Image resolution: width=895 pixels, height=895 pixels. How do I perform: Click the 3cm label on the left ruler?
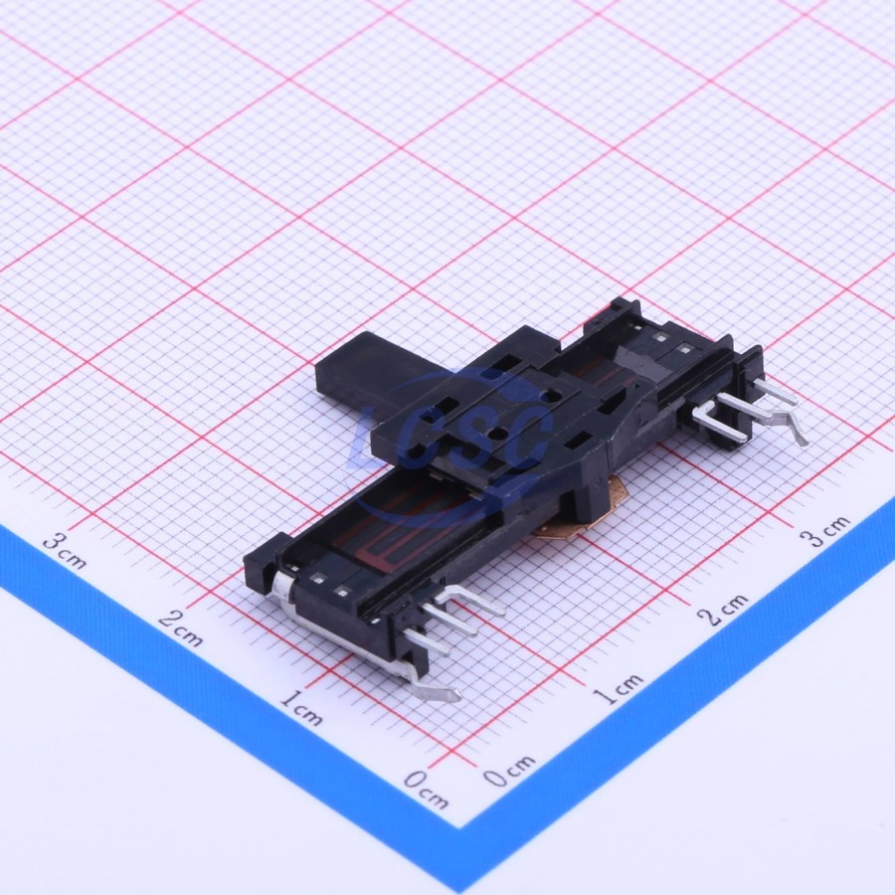point(65,550)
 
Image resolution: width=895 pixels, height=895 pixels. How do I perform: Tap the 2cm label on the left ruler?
point(180,628)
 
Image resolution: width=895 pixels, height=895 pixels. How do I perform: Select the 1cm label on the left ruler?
point(300,707)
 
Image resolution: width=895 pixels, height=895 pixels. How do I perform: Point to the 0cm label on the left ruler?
point(426,789)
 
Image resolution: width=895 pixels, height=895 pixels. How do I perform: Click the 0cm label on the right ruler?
point(509,770)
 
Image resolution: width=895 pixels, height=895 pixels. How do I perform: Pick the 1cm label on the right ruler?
point(618,688)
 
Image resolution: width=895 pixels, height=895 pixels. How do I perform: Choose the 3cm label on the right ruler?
point(824,531)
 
